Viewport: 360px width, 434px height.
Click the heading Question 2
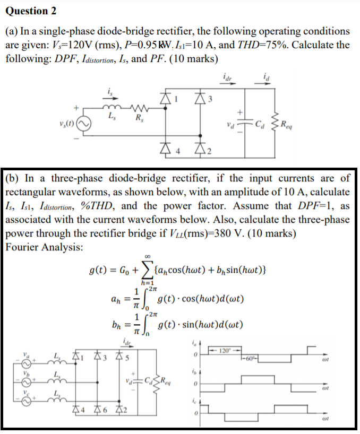30,11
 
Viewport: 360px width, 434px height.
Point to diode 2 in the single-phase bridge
199,153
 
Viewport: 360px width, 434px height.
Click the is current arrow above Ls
109,94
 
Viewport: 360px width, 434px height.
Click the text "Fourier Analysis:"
43,246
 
